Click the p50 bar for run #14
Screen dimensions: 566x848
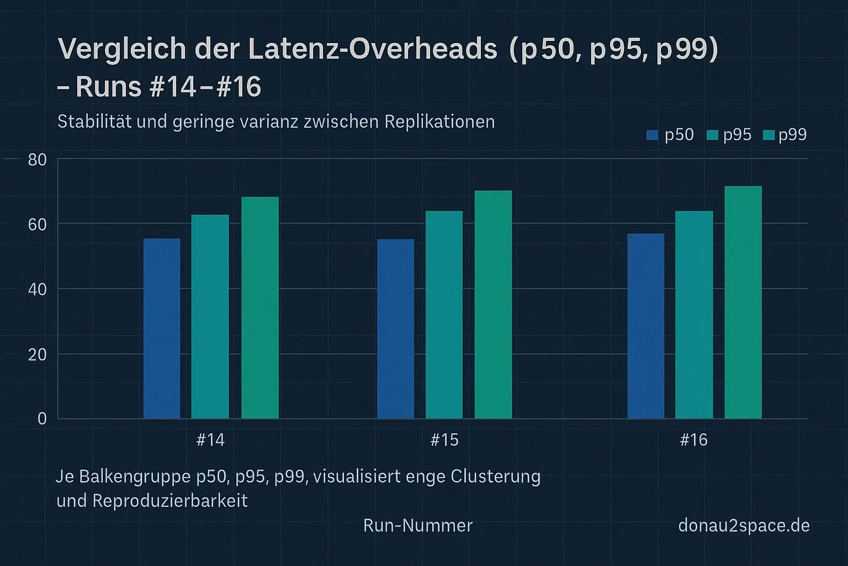coord(162,328)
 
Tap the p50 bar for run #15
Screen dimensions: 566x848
coord(395,329)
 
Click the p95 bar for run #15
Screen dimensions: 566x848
coord(444,315)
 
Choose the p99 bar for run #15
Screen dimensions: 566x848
coord(493,305)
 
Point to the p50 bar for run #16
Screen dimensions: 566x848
coord(645,326)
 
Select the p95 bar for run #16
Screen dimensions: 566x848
coord(694,315)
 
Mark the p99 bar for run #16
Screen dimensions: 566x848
coord(743,302)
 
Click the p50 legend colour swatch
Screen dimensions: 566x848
coord(652,135)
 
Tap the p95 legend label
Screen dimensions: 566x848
coord(737,135)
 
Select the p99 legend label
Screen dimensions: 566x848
coord(792,135)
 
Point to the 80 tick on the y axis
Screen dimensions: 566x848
coord(38,160)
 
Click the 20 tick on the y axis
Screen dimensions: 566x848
coord(38,354)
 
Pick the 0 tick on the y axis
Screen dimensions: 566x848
coord(42,419)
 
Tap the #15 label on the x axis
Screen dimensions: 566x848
coord(444,440)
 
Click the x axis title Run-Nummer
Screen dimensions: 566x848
coord(418,525)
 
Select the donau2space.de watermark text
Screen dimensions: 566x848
coord(744,525)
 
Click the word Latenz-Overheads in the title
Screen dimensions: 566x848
coord(373,49)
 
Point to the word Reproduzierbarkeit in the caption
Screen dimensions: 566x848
coord(170,501)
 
